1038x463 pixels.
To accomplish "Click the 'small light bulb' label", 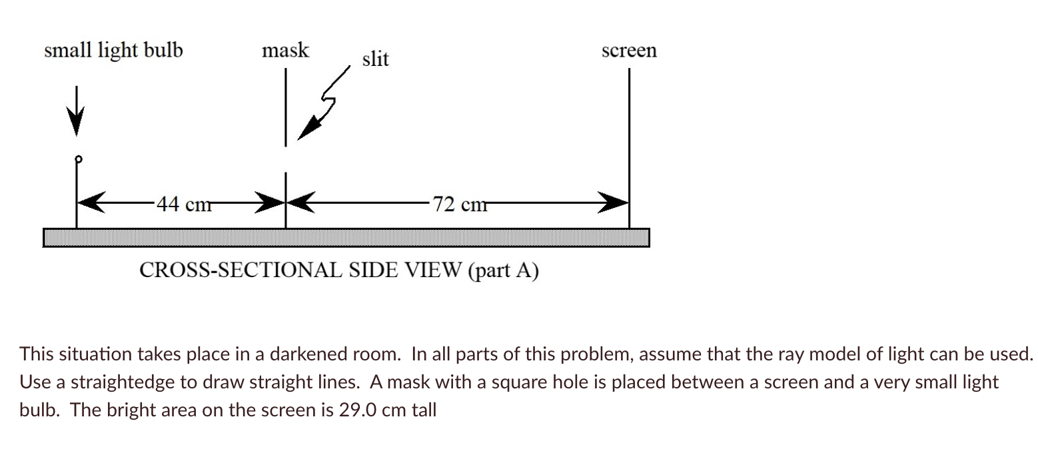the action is coord(113,51).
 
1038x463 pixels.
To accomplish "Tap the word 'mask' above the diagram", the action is coord(285,51).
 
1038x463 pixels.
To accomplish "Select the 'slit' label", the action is coord(375,59).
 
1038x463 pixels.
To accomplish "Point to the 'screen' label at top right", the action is coord(629,51).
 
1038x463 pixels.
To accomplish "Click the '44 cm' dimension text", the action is coord(184,204).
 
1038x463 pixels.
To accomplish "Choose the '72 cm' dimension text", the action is coord(459,204).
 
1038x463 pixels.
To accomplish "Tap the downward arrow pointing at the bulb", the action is coord(77,113).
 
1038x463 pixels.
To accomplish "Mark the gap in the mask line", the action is coord(286,160).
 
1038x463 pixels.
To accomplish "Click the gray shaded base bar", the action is coord(346,237).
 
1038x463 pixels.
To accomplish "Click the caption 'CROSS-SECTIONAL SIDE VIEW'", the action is coord(300,270).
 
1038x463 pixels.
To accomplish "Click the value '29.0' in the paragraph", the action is coord(359,410).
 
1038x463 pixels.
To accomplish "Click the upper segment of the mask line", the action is coord(286,107).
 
